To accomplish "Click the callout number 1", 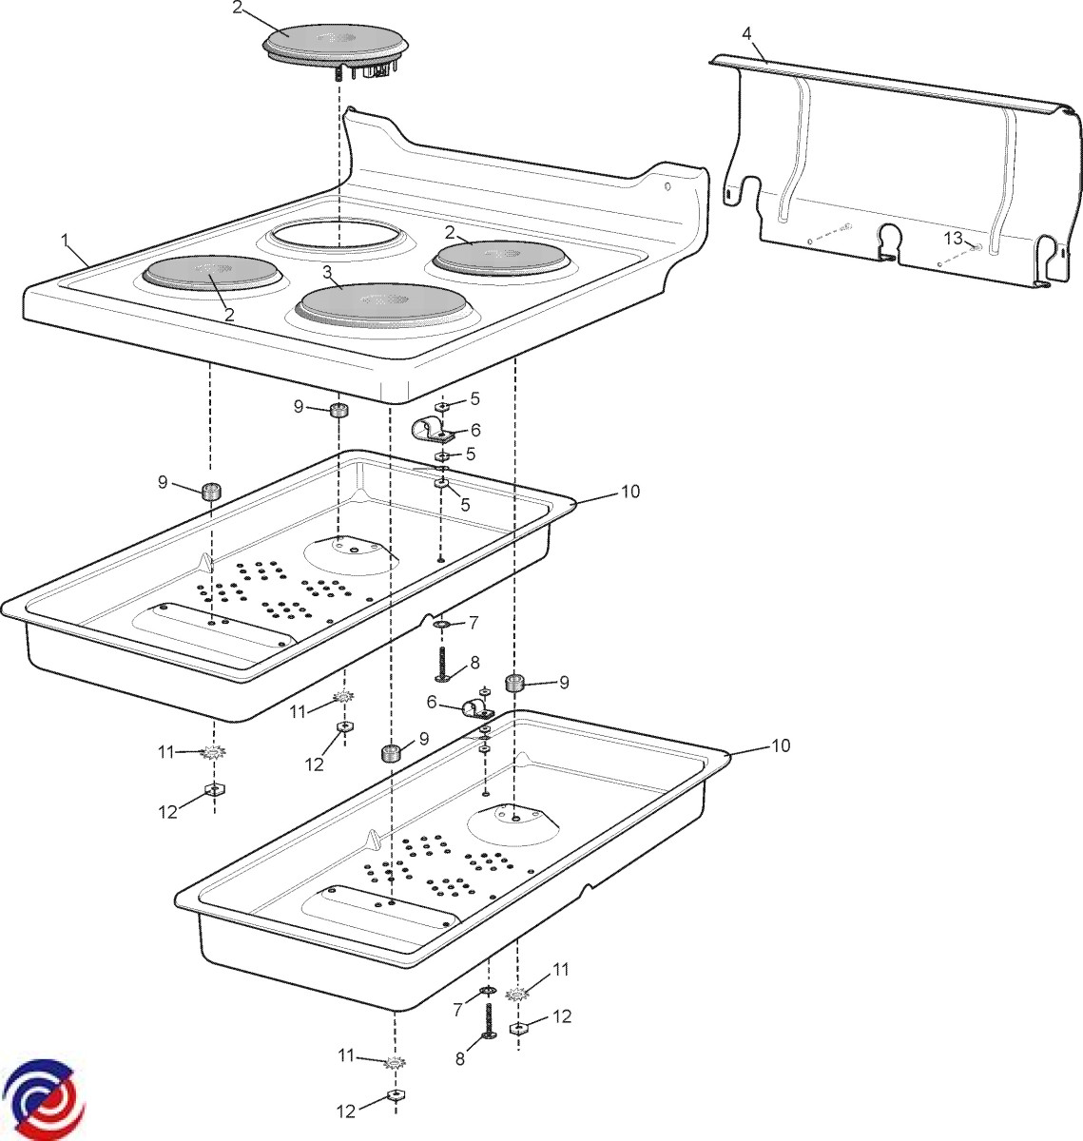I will pos(66,240).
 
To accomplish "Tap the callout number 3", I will pos(327,272).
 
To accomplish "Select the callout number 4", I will pos(746,33).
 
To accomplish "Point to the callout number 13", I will pos(953,236).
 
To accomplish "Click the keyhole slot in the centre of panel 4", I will pos(889,239).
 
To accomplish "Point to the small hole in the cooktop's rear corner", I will pos(667,186).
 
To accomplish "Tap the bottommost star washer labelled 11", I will pos(395,1063).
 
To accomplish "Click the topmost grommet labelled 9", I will pos(338,411).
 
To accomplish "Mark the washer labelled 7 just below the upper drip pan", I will pos(443,625).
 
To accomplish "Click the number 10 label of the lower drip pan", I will pos(780,746).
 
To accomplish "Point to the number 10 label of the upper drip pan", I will pos(630,492).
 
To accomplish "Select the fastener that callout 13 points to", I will pos(977,247).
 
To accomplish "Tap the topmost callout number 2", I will pos(238,8).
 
